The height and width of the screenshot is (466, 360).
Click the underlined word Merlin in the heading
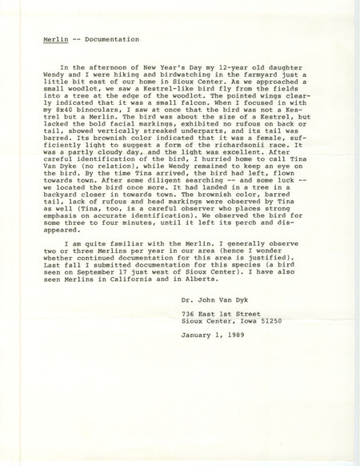pyautogui.click(x=56, y=38)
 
